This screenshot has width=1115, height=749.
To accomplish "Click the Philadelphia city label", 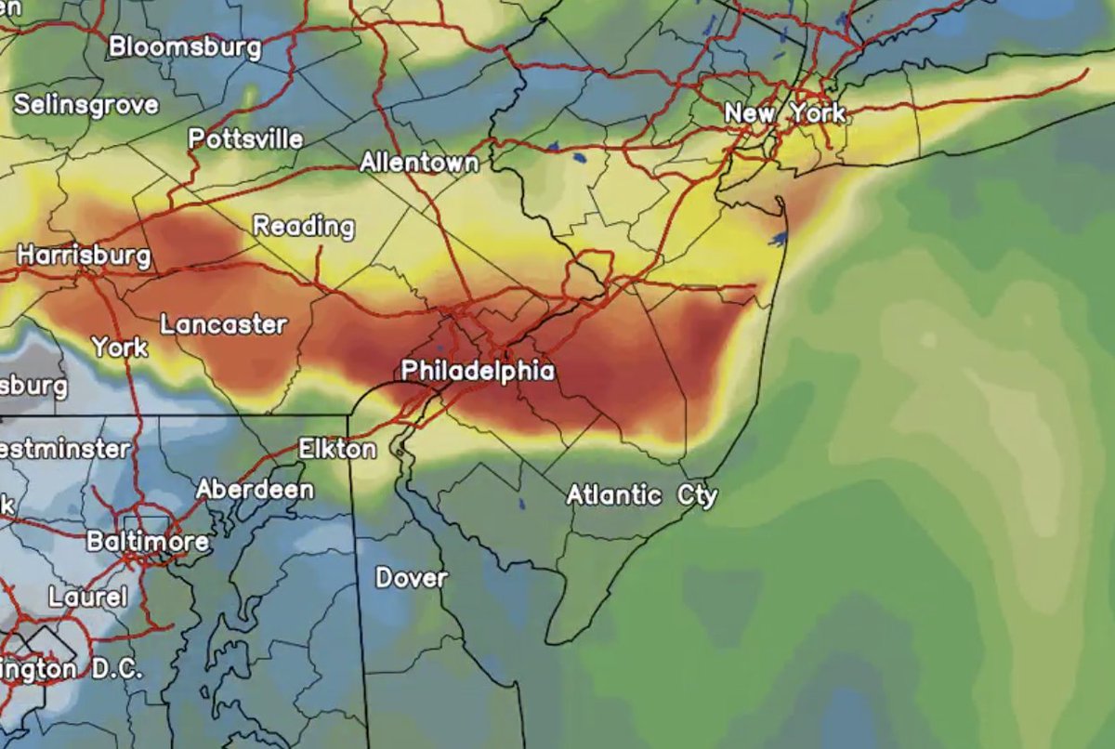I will coord(478,372).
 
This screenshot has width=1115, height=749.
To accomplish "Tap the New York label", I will coord(785,113).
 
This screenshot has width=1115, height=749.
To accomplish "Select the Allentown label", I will coord(419,163).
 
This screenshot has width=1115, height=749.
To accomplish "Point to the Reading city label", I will coord(304,226).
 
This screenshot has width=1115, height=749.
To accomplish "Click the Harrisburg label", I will coord(84,255).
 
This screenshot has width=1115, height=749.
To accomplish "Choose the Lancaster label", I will coord(223,325).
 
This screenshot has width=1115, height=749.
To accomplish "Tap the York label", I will coord(119,348).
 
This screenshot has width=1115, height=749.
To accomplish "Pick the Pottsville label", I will coord(245,139).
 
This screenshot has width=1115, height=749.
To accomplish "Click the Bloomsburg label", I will coord(185,46).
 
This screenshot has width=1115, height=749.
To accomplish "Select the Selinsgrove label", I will coord(85,104).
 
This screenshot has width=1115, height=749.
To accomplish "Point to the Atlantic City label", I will coord(642,495).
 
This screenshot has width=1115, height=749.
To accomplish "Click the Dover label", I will coord(411,578).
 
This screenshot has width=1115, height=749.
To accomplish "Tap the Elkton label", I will coord(337,450).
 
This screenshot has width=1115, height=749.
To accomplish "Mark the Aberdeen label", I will coord(255,490).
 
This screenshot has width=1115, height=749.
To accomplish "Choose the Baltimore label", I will coord(147,541).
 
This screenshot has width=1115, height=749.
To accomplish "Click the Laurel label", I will coord(87,597).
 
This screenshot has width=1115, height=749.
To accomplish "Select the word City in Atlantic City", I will coord(697,495).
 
